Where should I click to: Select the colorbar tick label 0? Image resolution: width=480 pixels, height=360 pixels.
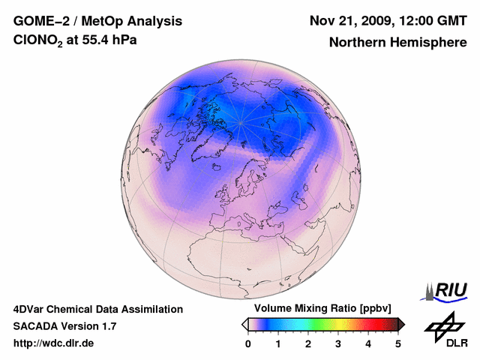(248, 343)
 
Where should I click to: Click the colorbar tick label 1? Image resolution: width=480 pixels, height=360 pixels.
(278, 343)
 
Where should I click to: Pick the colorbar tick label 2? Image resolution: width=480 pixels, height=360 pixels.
(308, 343)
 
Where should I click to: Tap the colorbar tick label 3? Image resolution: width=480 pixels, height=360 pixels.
(338, 343)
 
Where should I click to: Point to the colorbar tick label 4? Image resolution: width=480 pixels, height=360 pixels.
(368, 343)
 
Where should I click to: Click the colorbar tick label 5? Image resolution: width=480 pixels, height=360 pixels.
(398, 343)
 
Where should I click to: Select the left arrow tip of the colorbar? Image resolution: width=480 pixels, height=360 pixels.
(244, 324)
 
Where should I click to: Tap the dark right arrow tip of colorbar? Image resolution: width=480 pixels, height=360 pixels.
(402, 324)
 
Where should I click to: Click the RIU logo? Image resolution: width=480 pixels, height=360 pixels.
(448, 290)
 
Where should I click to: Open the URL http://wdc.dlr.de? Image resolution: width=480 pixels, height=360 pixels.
(54, 343)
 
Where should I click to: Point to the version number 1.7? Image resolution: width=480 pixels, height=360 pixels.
(108, 326)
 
